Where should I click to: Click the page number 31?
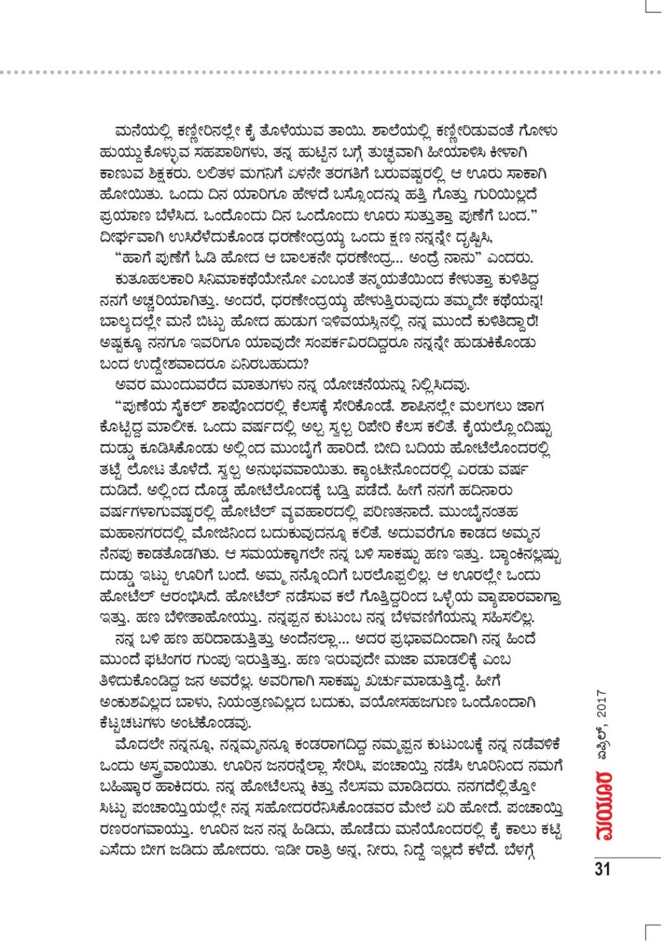coord(602,868)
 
